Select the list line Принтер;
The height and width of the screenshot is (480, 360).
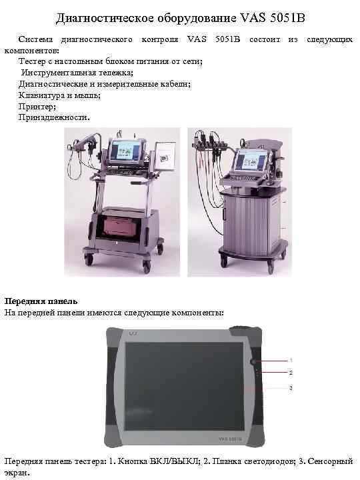37,106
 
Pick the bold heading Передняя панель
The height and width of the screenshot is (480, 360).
41,301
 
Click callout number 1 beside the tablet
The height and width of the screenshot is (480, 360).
291,360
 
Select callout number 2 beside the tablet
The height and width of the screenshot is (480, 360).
291,372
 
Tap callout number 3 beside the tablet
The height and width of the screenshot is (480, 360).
291,387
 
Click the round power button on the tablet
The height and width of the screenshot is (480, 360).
254,361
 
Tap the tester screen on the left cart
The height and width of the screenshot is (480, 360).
124,152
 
